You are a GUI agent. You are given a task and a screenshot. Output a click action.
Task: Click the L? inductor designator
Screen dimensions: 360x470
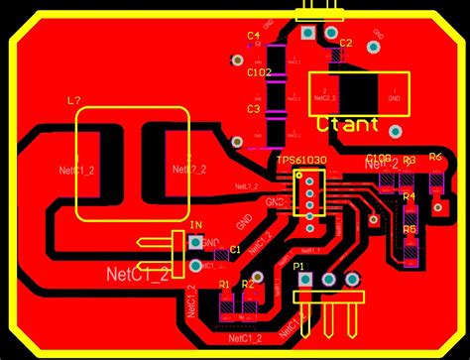coord(73,101)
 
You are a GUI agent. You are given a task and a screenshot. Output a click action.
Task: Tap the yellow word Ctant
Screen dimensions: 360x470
coord(348,125)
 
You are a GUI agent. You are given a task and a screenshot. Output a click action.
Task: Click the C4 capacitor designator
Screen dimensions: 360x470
coord(253,36)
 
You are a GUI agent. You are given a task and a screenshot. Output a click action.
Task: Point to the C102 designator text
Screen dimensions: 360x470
coord(259,72)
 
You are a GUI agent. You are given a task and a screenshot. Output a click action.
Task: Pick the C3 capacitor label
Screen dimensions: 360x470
coord(253,109)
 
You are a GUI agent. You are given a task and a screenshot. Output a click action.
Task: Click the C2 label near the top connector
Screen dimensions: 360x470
coord(346,44)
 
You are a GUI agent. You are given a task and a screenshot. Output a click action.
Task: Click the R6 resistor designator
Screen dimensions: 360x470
coord(435,159)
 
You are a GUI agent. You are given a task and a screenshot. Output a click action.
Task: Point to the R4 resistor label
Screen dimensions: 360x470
coord(409,196)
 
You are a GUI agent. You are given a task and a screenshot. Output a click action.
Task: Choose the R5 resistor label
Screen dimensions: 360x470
coord(409,229)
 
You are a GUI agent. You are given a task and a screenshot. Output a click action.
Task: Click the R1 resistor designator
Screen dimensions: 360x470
coord(225,285)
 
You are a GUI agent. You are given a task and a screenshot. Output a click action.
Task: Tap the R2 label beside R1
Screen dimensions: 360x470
coord(248,285)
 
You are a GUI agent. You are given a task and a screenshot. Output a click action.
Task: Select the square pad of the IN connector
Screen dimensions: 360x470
coord(195,242)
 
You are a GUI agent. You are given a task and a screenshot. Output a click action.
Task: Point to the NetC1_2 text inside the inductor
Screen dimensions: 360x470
coord(76,170)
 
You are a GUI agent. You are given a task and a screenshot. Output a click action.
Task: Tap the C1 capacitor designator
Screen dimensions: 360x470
coord(235,250)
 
